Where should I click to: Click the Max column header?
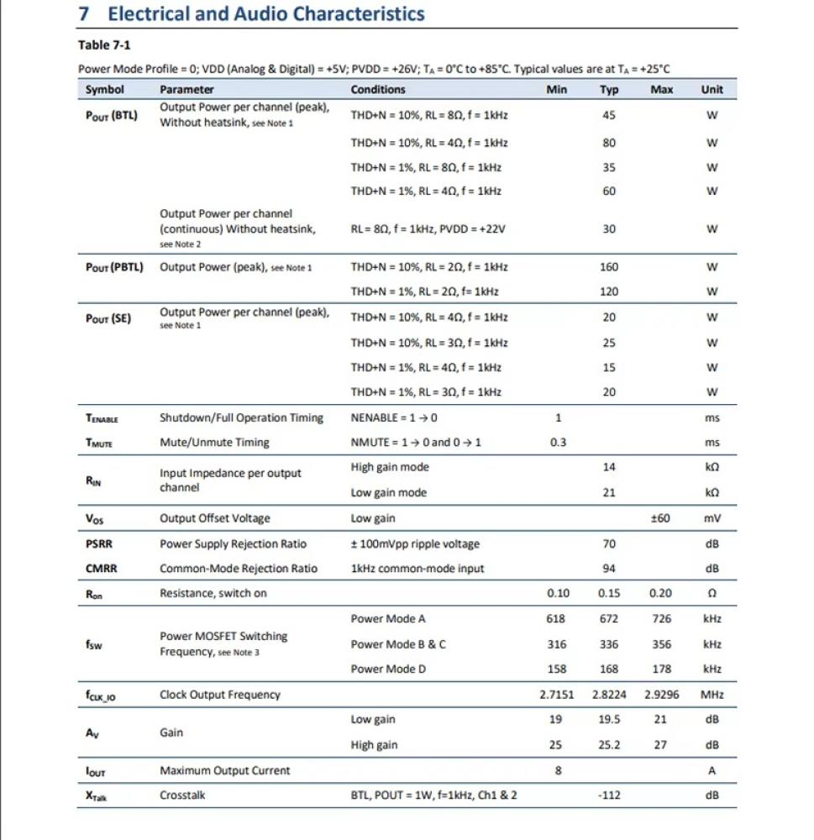(x=661, y=90)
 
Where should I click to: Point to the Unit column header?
(x=712, y=90)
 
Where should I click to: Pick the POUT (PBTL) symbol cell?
(x=114, y=267)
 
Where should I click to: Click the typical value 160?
(x=609, y=267)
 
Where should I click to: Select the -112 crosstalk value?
(x=609, y=795)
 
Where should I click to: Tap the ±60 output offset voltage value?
(x=660, y=518)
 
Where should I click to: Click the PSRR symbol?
(x=98, y=543)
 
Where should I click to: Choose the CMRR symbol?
(x=101, y=569)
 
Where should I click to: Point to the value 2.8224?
(x=609, y=695)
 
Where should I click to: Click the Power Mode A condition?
(x=388, y=619)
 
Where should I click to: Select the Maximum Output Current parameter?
(x=225, y=770)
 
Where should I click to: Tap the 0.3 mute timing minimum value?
(x=558, y=443)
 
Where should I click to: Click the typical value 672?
(x=609, y=619)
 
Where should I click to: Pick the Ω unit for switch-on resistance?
(x=712, y=593)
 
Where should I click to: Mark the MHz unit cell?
(x=712, y=695)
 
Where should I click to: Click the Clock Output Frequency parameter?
(x=220, y=695)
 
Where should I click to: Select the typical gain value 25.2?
(x=609, y=745)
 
